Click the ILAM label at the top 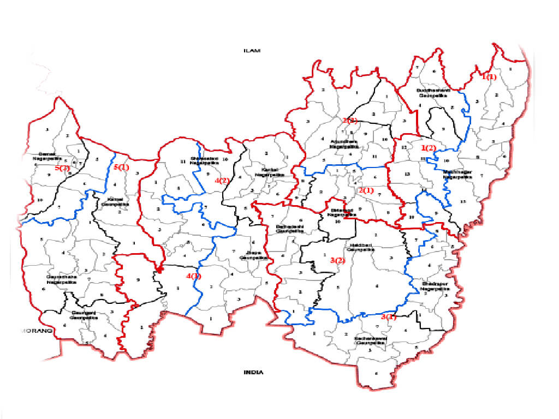pos(253,50)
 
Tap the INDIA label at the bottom pos(253,372)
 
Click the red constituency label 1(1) pos(489,77)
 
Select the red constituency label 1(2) pos(429,148)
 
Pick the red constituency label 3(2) pos(337,260)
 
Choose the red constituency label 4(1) pos(193,276)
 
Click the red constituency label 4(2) pos(222,181)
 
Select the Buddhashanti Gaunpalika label pos(432,92)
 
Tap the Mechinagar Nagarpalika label pos(457,174)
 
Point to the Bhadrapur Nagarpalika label pos(435,286)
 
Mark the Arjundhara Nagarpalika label pos(344,145)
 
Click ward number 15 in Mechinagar pos(463,202)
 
